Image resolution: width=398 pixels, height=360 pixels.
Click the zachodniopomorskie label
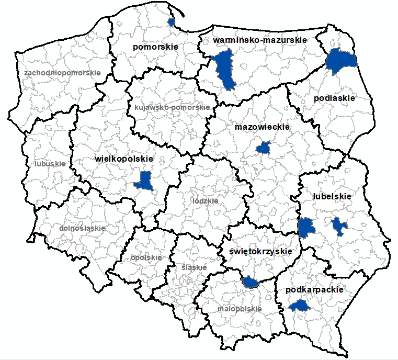point(62,73)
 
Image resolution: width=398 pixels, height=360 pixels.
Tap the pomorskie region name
point(156,47)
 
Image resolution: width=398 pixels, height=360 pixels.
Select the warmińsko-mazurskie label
point(260,40)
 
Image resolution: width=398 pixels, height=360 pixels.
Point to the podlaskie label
point(334,98)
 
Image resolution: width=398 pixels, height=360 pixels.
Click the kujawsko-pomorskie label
point(172,107)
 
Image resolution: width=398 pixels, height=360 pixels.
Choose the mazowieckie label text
point(262,127)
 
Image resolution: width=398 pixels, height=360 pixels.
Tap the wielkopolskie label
point(124,159)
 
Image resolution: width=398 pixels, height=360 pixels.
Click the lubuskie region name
point(50,163)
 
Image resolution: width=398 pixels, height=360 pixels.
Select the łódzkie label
point(205,200)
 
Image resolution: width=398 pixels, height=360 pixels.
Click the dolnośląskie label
point(82,228)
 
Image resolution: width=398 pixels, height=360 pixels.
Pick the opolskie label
point(146,257)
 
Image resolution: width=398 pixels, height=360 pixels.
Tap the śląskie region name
point(194,267)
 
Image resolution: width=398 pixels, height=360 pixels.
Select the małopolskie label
point(240,309)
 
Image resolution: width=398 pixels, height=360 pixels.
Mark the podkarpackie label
point(315,289)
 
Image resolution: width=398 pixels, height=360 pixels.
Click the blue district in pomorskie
point(171,21)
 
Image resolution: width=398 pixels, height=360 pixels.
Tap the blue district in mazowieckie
point(264,148)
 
